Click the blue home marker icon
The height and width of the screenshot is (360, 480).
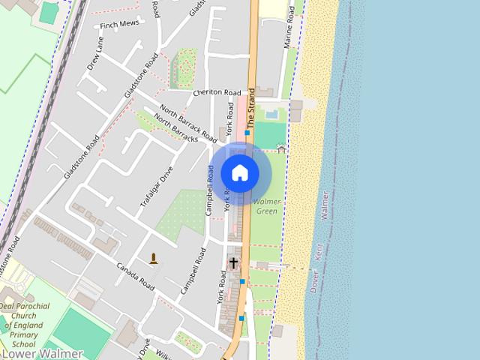240,173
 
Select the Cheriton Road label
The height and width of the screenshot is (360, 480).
216,92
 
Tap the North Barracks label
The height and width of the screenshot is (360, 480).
175,128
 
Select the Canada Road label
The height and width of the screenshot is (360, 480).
135,277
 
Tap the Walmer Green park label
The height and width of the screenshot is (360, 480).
267,206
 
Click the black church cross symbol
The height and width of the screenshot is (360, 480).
233,263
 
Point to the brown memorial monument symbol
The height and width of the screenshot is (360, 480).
154,259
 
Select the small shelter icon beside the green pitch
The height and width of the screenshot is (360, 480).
281,148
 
